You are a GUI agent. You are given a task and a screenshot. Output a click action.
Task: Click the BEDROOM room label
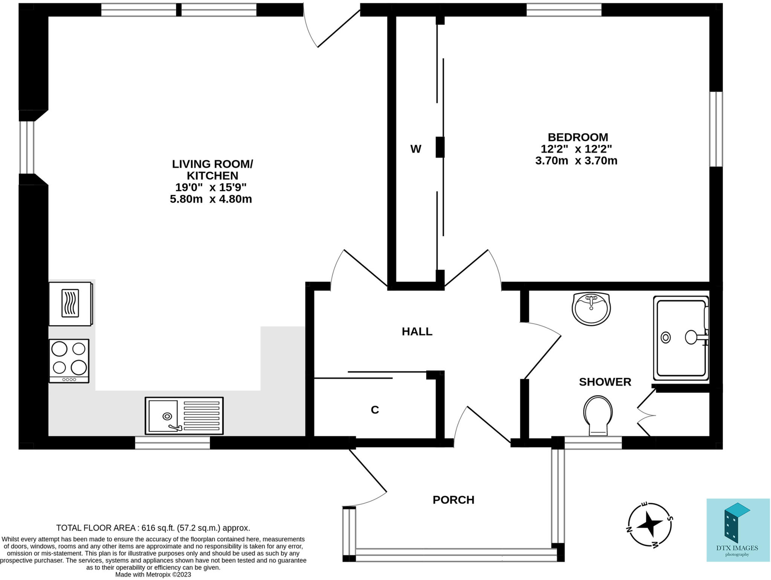[x=577, y=137]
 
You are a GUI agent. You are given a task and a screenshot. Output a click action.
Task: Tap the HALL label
[x=417, y=331]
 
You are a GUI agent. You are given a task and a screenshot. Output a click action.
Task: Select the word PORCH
[x=453, y=500]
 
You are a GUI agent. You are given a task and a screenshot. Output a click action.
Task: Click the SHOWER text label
[x=605, y=382]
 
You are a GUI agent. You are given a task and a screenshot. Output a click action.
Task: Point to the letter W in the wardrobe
[x=416, y=149]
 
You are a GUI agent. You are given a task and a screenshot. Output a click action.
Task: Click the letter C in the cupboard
[x=375, y=410]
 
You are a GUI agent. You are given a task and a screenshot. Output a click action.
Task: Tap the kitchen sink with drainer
[x=184, y=416]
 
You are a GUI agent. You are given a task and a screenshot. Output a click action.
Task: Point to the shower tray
[x=681, y=338]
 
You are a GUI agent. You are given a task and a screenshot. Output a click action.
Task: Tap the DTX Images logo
[x=737, y=530]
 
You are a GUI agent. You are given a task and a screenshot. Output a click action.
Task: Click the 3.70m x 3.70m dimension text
[x=576, y=161]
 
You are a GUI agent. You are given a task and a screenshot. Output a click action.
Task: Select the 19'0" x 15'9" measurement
[x=211, y=187]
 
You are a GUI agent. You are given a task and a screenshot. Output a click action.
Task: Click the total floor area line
[x=153, y=528]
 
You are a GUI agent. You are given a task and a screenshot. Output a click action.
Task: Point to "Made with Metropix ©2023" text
[x=153, y=574]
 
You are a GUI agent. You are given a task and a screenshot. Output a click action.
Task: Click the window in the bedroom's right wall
[x=716, y=129]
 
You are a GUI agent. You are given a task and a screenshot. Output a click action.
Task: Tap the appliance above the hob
[x=70, y=304]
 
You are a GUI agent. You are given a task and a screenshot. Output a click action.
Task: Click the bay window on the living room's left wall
[x=27, y=147]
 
